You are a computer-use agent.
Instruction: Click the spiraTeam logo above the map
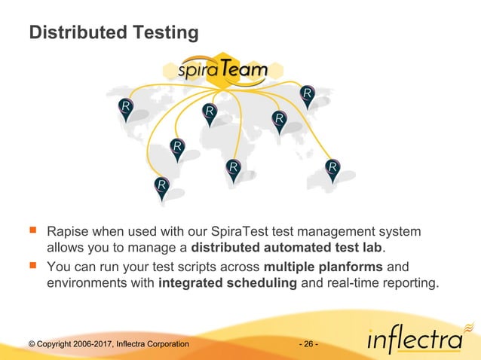(x=222, y=71)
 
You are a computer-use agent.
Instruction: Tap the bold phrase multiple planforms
(x=323, y=266)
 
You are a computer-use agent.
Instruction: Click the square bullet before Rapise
(x=32, y=229)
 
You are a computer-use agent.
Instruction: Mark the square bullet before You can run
(x=32, y=266)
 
